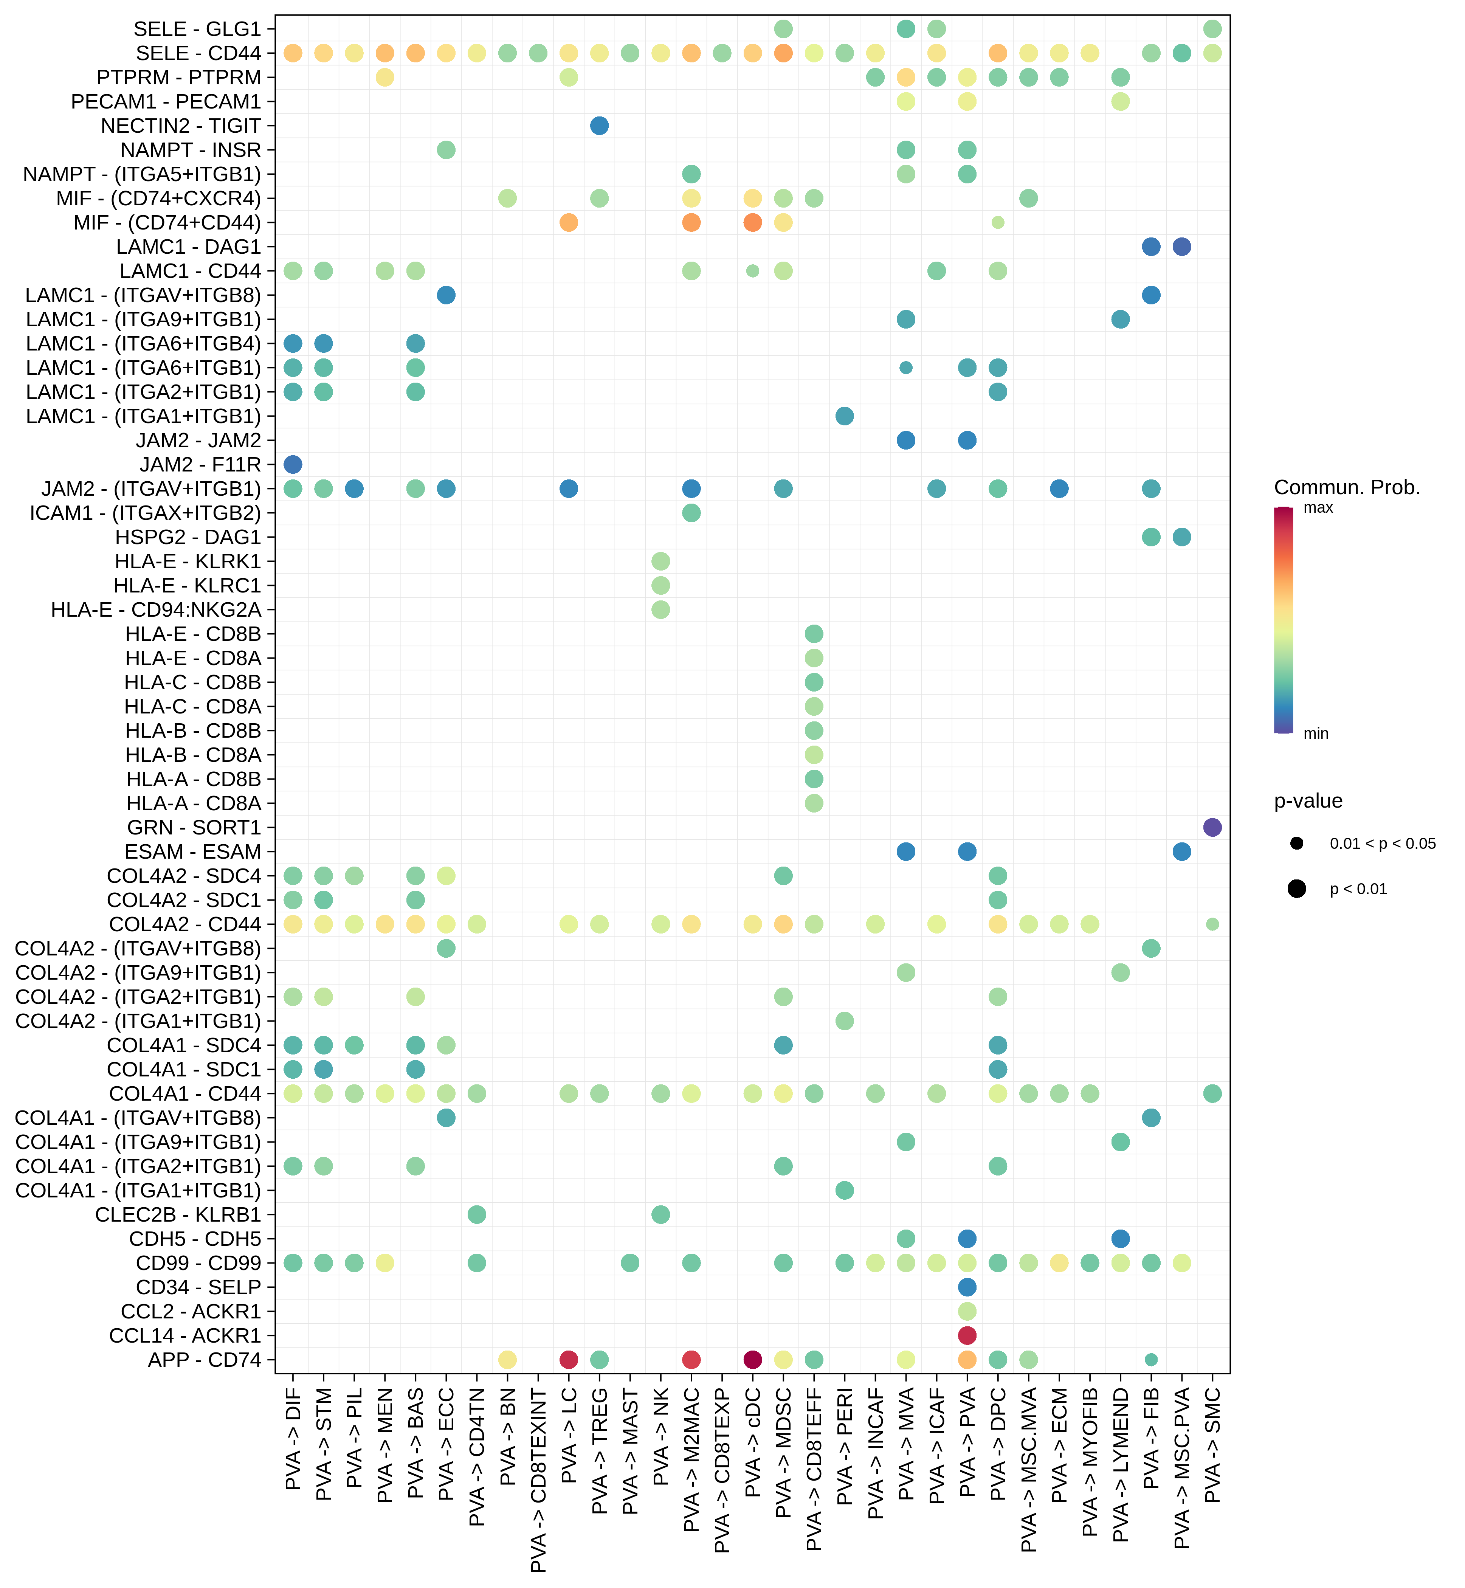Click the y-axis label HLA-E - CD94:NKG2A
point(156,609)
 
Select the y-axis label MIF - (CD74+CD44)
point(167,223)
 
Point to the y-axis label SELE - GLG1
point(197,29)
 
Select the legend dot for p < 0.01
point(1297,889)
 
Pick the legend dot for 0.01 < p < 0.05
point(1297,844)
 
